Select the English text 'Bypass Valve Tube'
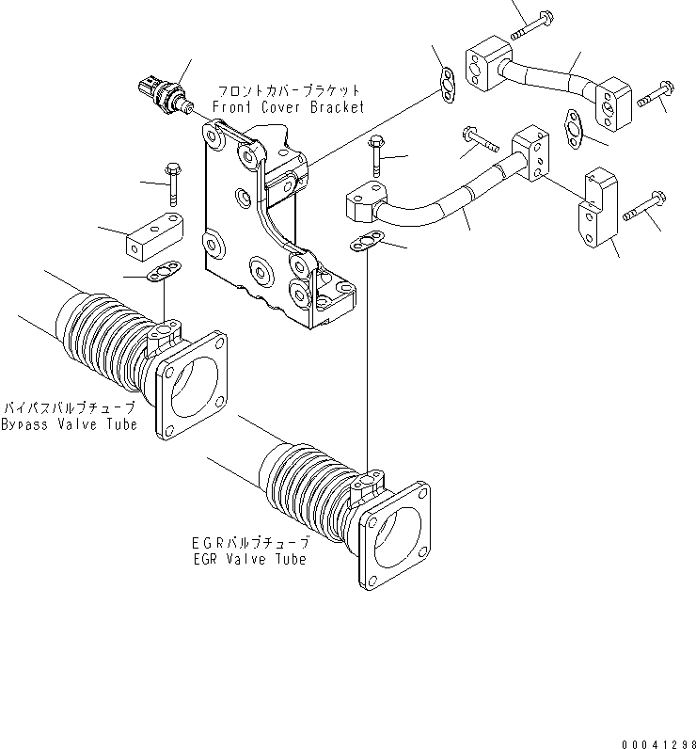click(x=69, y=424)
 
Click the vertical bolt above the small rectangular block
click(x=173, y=183)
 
